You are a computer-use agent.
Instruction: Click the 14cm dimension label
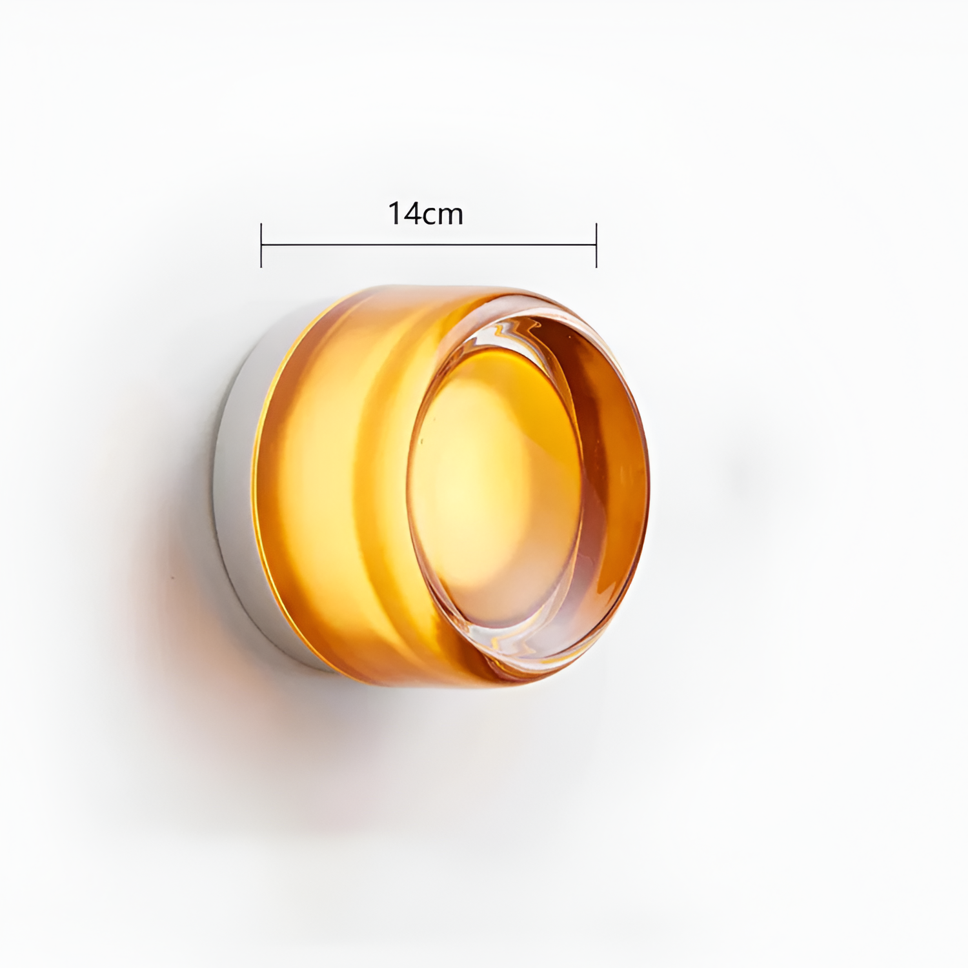click(425, 213)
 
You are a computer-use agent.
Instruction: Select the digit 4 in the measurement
click(411, 213)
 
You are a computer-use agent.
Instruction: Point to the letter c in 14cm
click(429, 216)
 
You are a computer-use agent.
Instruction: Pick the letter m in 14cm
click(450, 216)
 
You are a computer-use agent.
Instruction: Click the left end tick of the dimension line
click(261, 245)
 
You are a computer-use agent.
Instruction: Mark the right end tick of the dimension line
click(596, 245)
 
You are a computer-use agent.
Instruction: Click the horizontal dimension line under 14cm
click(429, 245)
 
